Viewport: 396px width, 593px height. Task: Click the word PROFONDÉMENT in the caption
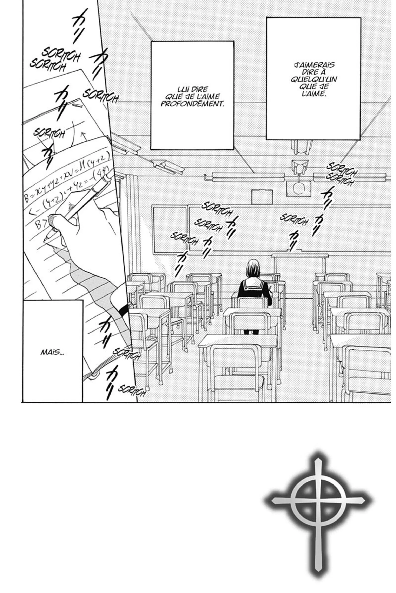click(x=192, y=104)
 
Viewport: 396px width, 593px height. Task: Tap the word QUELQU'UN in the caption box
click(x=314, y=79)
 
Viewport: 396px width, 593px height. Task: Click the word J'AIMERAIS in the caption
click(x=314, y=65)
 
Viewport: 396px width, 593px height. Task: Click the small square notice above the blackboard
click(x=262, y=197)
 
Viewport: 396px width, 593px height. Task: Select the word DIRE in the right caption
click(x=314, y=72)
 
